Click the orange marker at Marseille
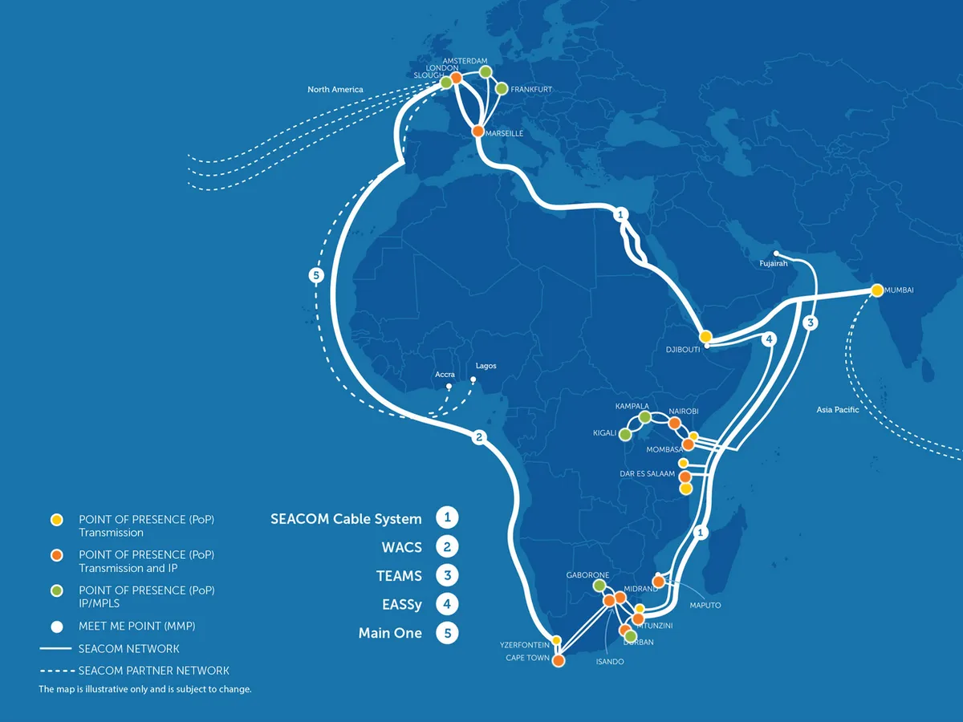[x=477, y=131]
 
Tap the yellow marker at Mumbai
[x=876, y=290]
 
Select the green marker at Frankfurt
[x=502, y=89]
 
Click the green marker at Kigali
[x=625, y=435]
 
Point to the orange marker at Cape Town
[x=558, y=660]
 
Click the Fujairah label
[x=774, y=263]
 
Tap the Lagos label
[x=486, y=366]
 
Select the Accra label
[x=445, y=375]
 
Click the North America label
[x=335, y=89]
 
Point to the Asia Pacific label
[x=838, y=409]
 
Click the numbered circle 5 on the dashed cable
[x=316, y=275]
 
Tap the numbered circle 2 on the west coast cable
[x=479, y=436]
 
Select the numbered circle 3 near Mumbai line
[x=811, y=322]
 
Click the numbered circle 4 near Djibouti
[x=769, y=339]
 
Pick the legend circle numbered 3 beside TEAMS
[x=447, y=575]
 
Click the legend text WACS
[x=402, y=547]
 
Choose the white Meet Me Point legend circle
[x=57, y=627]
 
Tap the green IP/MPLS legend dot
[x=57, y=591]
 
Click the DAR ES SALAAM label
[x=647, y=473]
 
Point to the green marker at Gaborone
[x=599, y=586]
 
